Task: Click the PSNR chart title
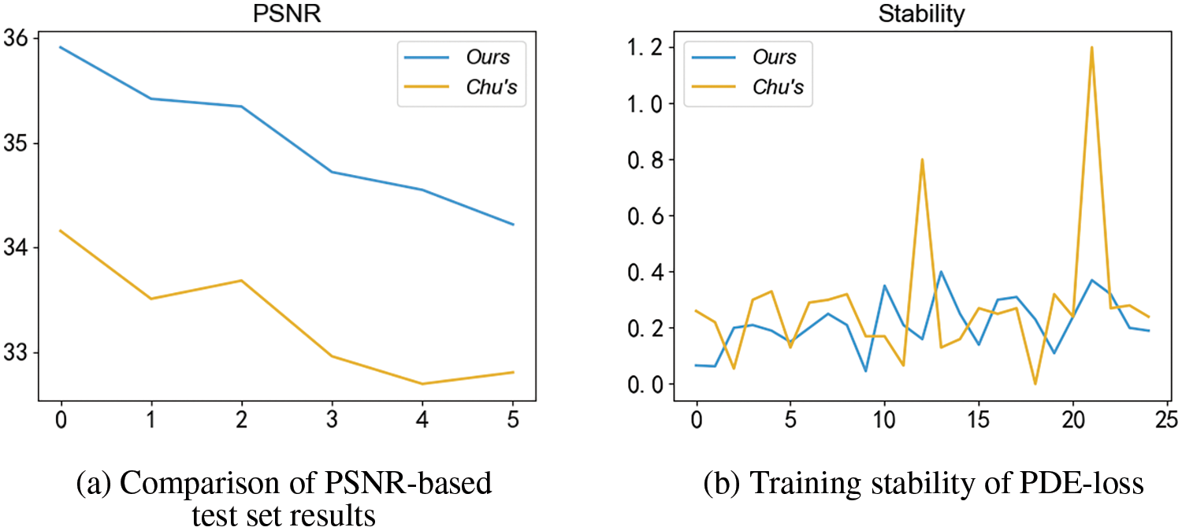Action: [286, 13]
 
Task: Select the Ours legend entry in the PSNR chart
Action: [486, 57]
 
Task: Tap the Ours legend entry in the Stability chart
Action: [774, 57]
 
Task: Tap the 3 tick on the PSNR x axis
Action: [332, 421]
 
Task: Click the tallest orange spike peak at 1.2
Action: [1091, 47]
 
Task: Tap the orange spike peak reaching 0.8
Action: [922, 160]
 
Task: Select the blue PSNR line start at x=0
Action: [60, 47]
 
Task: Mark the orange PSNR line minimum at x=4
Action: [423, 384]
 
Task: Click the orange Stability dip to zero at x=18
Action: [1035, 384]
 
